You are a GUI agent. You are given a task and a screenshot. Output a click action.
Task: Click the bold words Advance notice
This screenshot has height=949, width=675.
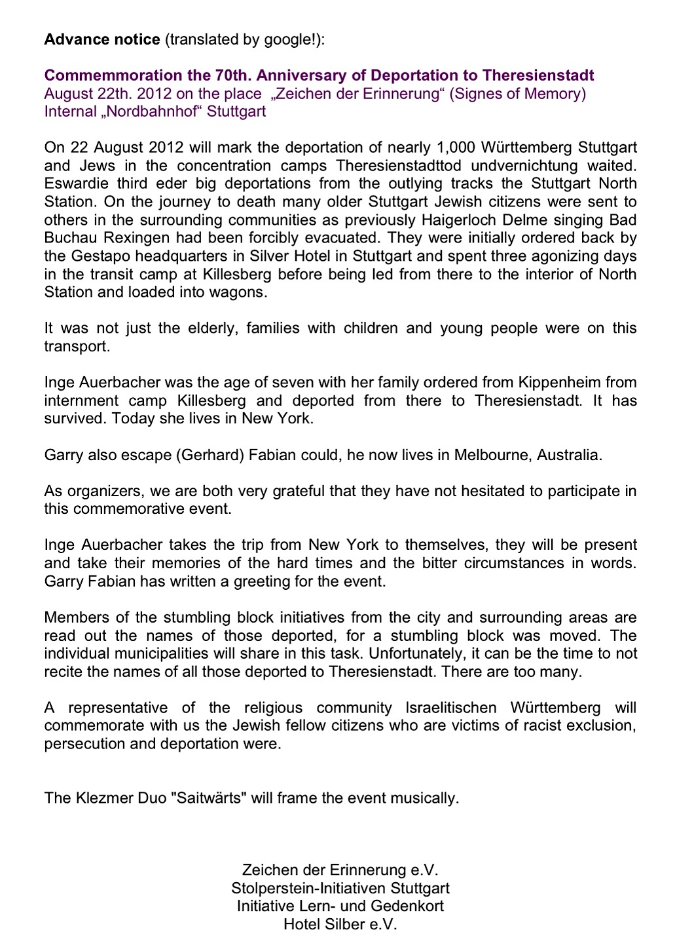point(102,39)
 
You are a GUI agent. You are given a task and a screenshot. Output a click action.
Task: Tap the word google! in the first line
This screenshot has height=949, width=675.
point(292,39)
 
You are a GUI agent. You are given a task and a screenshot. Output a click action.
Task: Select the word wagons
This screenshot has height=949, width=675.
point(243,292)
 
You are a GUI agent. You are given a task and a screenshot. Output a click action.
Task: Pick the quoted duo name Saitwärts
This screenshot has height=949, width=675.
point(208,798)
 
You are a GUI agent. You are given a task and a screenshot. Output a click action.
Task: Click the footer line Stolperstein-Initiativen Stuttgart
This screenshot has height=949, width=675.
point(340,889)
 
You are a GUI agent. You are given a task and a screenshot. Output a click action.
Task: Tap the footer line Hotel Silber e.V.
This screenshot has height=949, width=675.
point(340,925)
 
